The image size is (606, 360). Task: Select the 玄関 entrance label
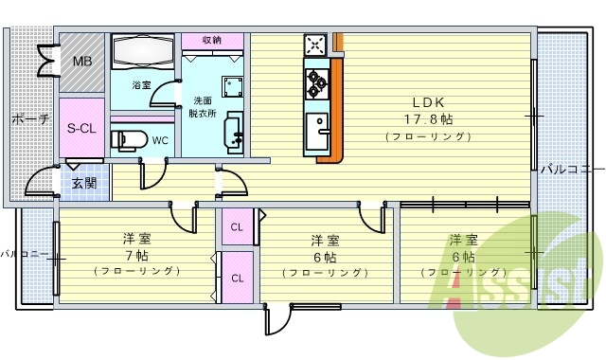click(83, 183)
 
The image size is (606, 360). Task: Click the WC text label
click(160, 141)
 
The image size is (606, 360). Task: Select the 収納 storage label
click(212, 40)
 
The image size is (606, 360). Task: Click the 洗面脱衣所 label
click(203, 106)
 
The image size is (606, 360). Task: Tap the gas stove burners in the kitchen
click(315, 83)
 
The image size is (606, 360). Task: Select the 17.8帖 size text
click(431, 119)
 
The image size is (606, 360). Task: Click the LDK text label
click(427, 102)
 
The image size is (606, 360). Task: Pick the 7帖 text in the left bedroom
click(139, 255)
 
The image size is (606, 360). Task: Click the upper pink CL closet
click(237, 226)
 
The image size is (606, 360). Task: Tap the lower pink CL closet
click(237, 278)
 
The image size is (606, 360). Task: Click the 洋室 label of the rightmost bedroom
click(462, 239)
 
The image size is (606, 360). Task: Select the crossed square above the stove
click(315, 45)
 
